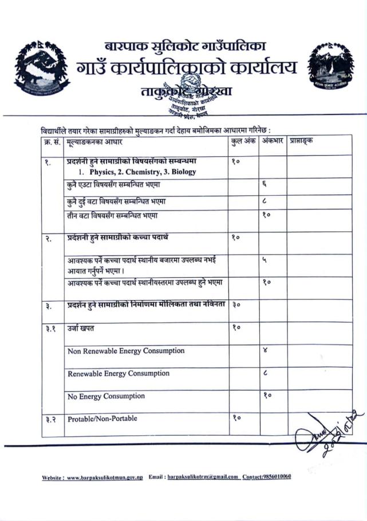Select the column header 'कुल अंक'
point(243,140)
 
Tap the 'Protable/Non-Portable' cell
point(102,419)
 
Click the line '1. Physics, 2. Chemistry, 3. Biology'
point(137,172)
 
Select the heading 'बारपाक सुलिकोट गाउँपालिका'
point(184,46)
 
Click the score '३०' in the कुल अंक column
point(238,306)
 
